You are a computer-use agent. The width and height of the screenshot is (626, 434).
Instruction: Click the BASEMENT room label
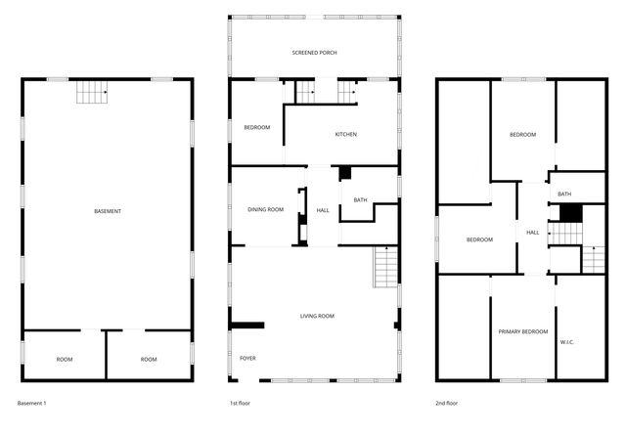(x=108, y=212)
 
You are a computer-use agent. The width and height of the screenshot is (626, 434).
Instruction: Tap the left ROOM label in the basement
(x=65, y=360)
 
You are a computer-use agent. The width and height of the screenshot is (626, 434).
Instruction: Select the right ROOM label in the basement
(x=149, y=360)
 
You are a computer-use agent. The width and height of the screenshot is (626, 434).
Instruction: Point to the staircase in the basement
(x=92, y=93)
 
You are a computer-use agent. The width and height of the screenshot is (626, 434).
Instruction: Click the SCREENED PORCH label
(x=314, y=52)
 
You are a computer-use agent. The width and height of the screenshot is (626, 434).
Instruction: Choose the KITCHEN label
(x=347, y=134)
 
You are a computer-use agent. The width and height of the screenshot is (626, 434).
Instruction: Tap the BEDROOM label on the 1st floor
(x=256, y=127)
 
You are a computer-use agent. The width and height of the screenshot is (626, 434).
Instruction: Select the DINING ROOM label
(x=265, y=209)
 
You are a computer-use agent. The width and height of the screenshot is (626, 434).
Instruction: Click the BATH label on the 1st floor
(x=360, y=200)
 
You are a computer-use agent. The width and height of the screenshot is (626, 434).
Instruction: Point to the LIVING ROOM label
(x=317, y=316)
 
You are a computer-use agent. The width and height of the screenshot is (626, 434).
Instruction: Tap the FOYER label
(x=247, y=359)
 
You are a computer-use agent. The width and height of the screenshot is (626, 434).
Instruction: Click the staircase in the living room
(x=386, y=266)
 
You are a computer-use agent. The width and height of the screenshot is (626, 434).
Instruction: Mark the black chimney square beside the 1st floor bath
(x=345, y=173)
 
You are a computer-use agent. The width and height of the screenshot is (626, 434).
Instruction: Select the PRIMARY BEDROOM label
(x=522, y=332)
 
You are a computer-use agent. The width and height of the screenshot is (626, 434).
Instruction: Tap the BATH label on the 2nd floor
(x=564, y=194)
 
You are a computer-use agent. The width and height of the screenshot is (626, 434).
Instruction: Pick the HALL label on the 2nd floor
(x=533, y=233)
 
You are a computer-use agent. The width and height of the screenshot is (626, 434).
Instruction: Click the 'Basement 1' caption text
(x=32, y=403)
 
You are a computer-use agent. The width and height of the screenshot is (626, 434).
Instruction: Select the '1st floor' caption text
(x=241, y=403)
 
